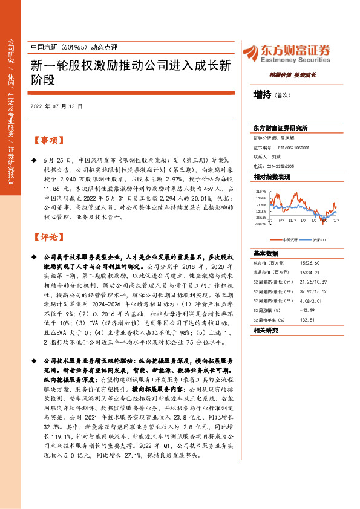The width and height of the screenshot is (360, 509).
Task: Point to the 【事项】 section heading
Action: [x=47, y=141]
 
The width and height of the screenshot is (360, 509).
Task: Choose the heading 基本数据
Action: [x=266, y=253]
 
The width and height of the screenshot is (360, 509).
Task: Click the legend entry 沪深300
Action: [x=319, y=240]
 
